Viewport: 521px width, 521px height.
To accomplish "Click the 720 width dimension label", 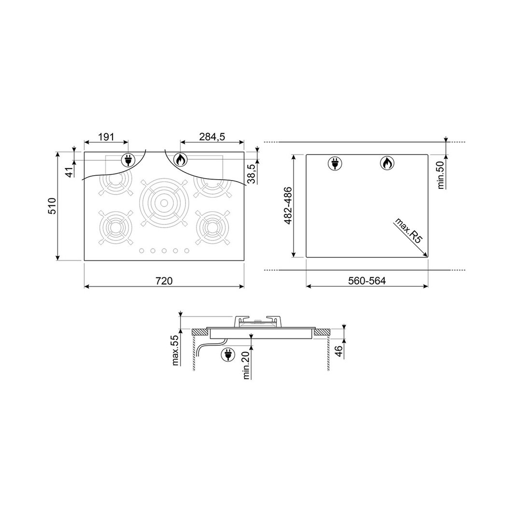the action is pos(164,281).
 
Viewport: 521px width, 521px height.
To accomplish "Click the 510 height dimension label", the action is pos(53,206).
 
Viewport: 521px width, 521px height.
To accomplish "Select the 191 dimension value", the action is pos(106,137).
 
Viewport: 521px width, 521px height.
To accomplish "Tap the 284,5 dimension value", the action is pos(212,137).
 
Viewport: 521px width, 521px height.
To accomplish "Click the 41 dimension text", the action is pos(70,172).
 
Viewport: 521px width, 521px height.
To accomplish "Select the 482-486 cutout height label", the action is pos(287,205).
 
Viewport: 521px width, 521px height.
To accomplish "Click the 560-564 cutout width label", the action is pos(367,281).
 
